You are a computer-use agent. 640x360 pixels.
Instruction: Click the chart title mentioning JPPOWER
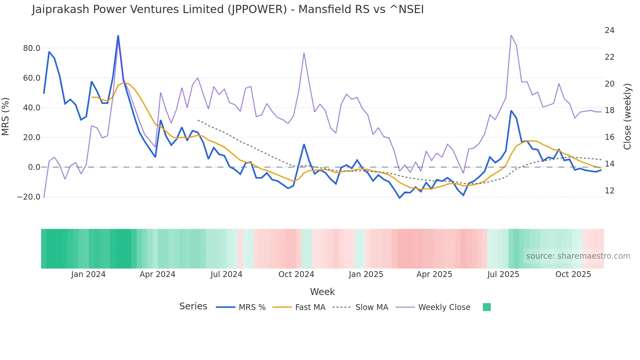(x=228, y=9)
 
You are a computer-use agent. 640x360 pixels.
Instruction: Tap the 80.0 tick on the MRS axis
(x=32, y=48)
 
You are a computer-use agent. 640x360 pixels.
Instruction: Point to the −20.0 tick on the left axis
(x=29, y=197)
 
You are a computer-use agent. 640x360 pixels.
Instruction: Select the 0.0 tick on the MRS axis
(x=34, y=167)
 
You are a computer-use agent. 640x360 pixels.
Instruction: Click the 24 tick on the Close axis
(x=609, y=30)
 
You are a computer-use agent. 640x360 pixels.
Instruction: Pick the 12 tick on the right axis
(x=609, y=191)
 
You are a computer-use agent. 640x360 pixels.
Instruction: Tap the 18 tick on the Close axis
(x=609, y=110)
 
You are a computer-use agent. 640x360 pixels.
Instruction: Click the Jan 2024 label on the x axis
(x=88, y=274)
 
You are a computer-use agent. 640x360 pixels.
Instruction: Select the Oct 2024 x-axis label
(x=296, y=274)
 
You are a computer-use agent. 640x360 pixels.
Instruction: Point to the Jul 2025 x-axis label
(x=503, y=274)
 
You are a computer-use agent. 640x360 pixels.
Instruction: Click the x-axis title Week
(x=322, y=292)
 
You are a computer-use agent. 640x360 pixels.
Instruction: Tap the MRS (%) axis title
(x=6, y=116)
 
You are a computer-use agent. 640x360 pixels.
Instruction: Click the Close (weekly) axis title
(x=627, y=117)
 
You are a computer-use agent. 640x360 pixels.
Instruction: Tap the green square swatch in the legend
(x=487, y=307)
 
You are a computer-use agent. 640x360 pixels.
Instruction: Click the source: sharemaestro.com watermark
(x=578, y=256)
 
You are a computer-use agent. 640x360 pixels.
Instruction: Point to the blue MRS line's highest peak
(x=118, y=36)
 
